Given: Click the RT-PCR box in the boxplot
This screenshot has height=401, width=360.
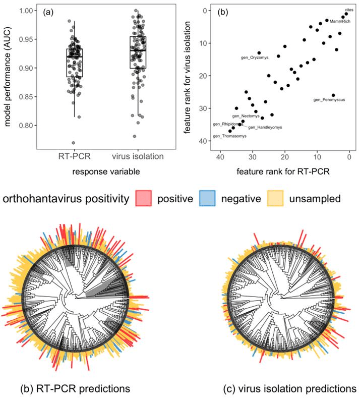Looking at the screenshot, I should click(x=75, y=63).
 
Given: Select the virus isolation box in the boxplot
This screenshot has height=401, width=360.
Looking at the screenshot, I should click(x=138, y=52).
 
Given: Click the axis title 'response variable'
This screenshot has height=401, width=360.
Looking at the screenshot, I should click(x=106, y=172).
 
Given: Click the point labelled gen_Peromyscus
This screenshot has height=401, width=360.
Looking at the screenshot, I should click(x=333, y=95).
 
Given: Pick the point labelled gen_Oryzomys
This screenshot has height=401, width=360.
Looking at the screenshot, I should click(x=259, y=53).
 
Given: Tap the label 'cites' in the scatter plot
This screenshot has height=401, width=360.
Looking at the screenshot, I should click(x=349, y=10).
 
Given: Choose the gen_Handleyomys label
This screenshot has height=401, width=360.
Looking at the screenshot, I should click(x=265, y=127).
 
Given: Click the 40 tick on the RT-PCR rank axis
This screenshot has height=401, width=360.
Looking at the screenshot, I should click(x=220, y=157).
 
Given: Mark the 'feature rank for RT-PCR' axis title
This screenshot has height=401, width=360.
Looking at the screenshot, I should click(x=283, y=172).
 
